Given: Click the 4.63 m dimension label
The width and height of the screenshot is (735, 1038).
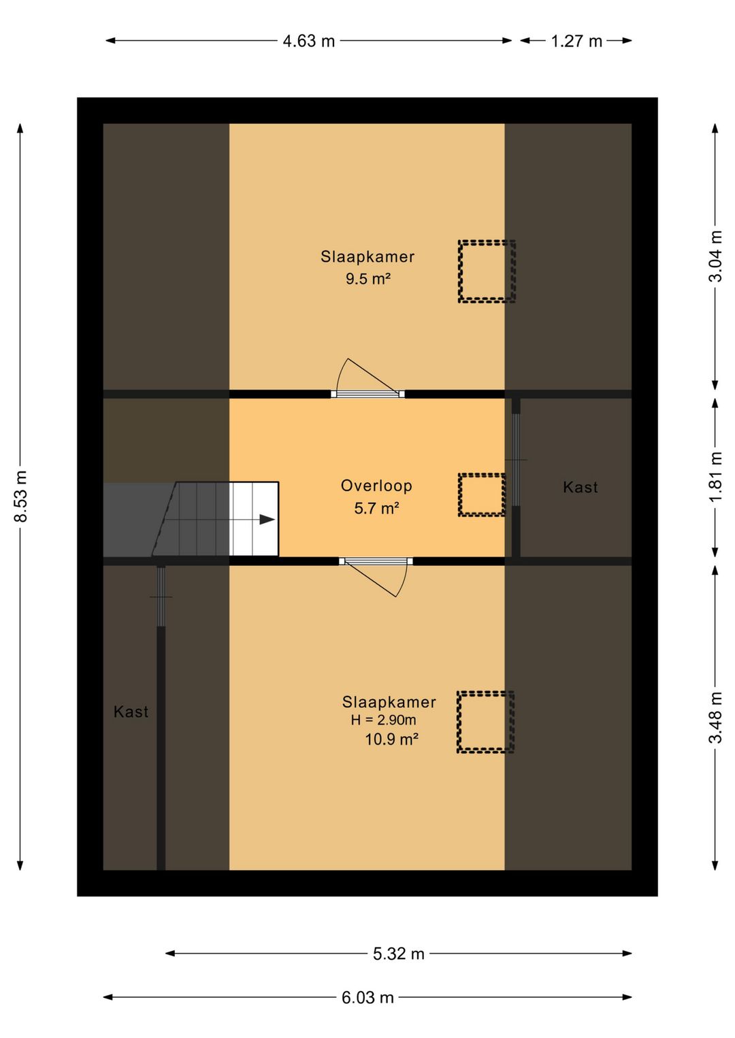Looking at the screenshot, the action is [x=309, y=41].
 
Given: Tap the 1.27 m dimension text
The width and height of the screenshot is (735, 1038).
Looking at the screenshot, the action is [x=576, y=41].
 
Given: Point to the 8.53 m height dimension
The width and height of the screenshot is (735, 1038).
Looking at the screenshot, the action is [x=21, y=497].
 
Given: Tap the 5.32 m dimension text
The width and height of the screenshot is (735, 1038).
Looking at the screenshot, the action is [x=399, y=954].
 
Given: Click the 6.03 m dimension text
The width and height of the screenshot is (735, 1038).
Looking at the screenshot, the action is [x=367, y=997].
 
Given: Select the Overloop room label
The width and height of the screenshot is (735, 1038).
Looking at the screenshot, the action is [x=376, y=486].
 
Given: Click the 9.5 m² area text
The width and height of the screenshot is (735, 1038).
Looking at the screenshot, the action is [x=367, y=279].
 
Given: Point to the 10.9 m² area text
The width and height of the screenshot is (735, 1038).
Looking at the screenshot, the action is [x=392, y=739].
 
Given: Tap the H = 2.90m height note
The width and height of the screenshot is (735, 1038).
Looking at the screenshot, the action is [x=384, y=720].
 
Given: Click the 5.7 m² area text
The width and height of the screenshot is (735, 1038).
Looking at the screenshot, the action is [x=377, y=508].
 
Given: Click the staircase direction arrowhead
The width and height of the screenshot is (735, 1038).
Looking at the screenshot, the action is [x=267, y=520].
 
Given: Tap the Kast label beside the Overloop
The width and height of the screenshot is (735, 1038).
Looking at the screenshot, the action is [x=580, y=487].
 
